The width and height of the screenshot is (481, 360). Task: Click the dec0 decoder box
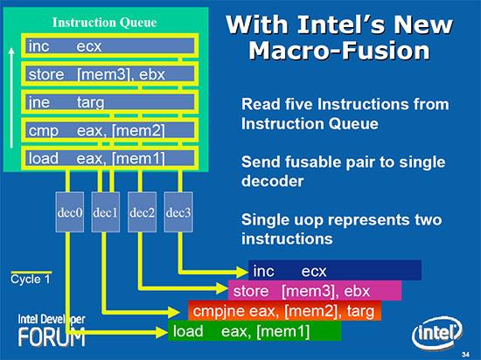click(x=69, y=212)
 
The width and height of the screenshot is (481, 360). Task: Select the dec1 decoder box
click(x=105, y=212)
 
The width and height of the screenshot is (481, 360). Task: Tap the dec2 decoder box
click(x=142, y=212)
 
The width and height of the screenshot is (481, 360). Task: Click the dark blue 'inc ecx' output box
click(x=333, y=271)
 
